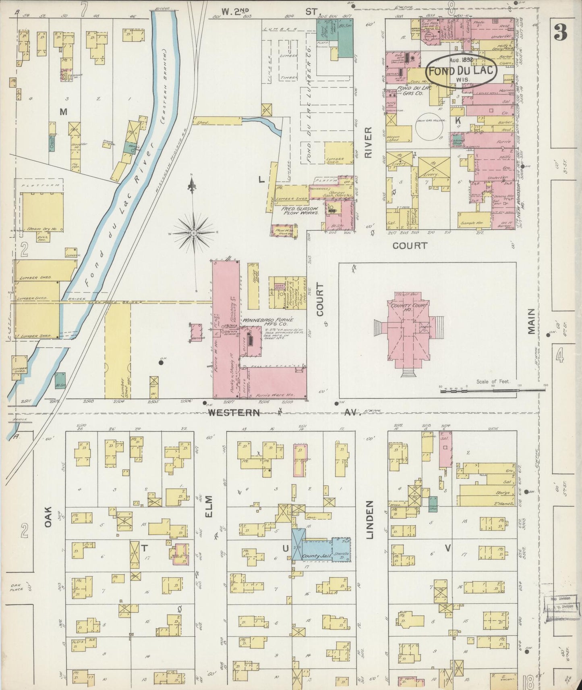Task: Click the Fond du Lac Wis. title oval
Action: tap(461, 70)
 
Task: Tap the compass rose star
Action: tap(194, 233)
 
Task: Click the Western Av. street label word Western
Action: tap(233, 412)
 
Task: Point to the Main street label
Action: tap(531, 322)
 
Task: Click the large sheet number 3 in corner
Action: tap(559, 32)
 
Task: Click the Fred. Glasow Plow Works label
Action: tap(300, 211)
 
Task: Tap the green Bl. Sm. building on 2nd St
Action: tap(345, 38)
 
